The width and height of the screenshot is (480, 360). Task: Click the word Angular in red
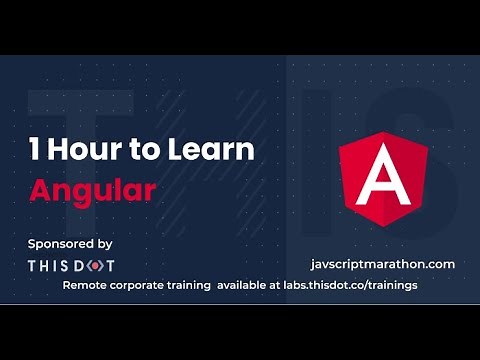[x=92, y=190]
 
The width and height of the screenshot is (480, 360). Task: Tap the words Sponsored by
[x=70, y=243]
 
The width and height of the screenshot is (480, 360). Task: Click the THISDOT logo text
[x=70, y=265]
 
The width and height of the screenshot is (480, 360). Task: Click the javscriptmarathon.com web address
[x=384, y=264]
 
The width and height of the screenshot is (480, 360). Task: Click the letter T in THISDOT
[x=33, y=265]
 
